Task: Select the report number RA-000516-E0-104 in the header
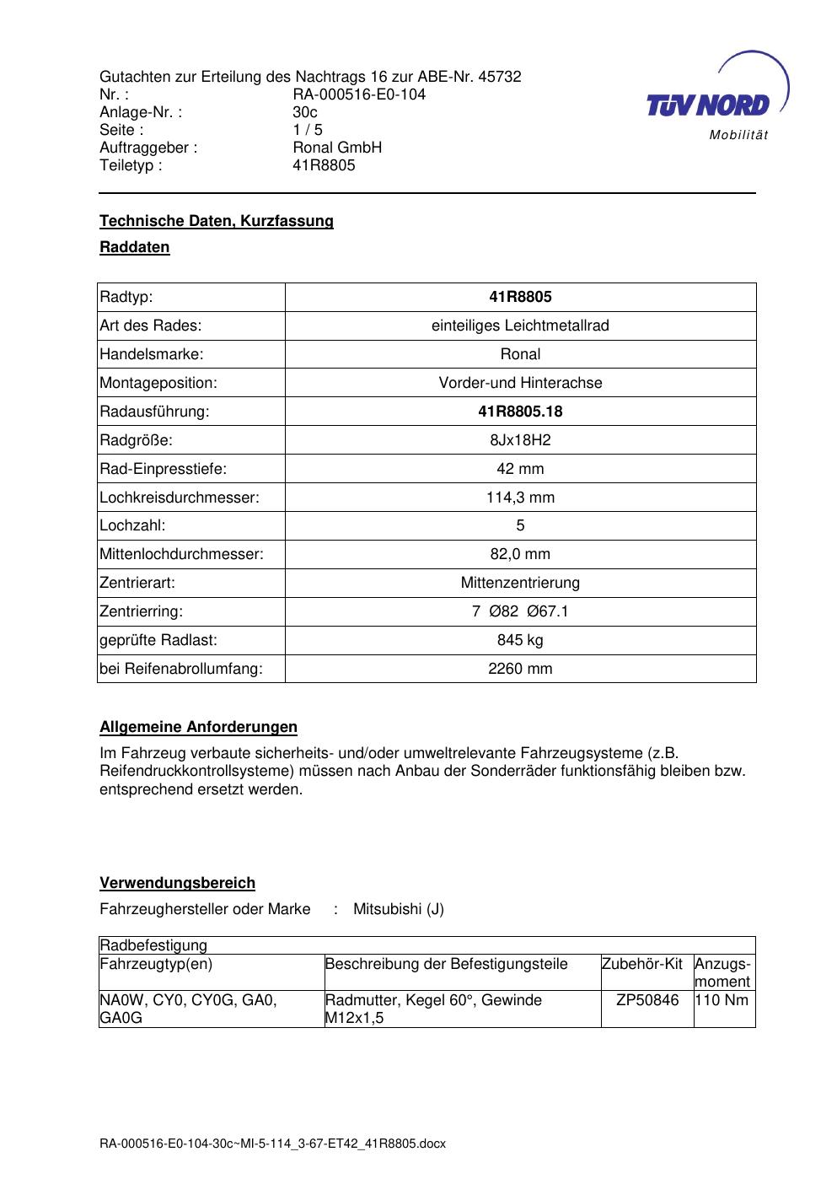pyautogui.click(x=359, y=94)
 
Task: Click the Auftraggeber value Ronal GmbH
pyautogui.click(x=337, y=148)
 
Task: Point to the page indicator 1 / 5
pyautogui.click(x=308, y=130)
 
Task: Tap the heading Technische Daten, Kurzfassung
pyautogui.click(x=217, y=221)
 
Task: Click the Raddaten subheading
pyautogui.click(x=135, y=247)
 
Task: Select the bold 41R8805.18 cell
pyautogui.click(x=520, y=412)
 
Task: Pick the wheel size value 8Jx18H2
pyautogui.click(x=520, y=440)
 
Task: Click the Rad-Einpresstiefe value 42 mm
pyautogui.click(x=520, y=469)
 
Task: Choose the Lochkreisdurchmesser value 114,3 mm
pyautogui.click(x=520, y=498)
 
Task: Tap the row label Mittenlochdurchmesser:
pyautogui.click(x=182, y=554)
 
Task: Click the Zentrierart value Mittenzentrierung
pyautogui.click(x=520, y=583)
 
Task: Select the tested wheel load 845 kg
pyautogui.click(x=520, y=640)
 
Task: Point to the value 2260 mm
pyautogui.click(x=520, y=669)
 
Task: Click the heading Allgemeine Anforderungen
pyautogui.click(x=199, y=727)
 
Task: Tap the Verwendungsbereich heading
pyautogui.click(x=177, y=883)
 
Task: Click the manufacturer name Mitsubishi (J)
pyautogui.click(x=399, y=909)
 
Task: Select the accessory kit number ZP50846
pyautogui.click(x=647, y=1000)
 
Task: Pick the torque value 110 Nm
pyautogui.click(x=722, y=1000)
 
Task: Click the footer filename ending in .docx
pyautogui.click(x=272, y=1144)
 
